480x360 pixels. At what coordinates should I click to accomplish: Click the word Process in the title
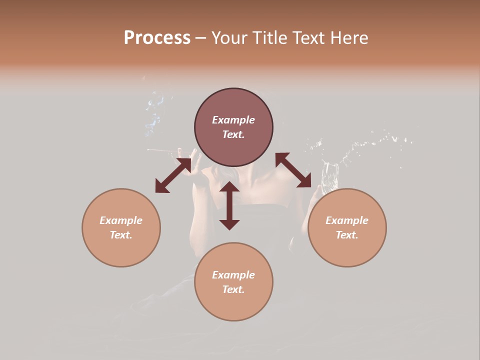[157, 38]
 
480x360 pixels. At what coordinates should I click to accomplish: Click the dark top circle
[233, 127]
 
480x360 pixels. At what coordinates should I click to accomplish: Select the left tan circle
[121, 227]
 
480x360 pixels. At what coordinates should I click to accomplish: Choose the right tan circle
[347, 227]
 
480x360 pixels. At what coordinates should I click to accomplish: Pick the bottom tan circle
[233, 281]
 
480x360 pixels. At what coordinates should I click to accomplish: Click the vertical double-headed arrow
[229, 205]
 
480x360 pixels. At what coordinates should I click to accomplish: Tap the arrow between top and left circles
[173, 175]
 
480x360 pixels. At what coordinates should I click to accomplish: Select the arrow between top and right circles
[293, 170]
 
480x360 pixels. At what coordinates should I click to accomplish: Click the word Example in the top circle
[233, 120]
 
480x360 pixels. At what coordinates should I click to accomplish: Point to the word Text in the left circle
[121, 235]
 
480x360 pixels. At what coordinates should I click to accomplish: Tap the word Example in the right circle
[347, 220]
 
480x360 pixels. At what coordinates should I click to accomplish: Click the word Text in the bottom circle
[233, 289]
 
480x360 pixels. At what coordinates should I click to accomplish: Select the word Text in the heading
[307, 38]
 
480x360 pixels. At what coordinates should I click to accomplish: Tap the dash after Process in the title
[200, 38]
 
